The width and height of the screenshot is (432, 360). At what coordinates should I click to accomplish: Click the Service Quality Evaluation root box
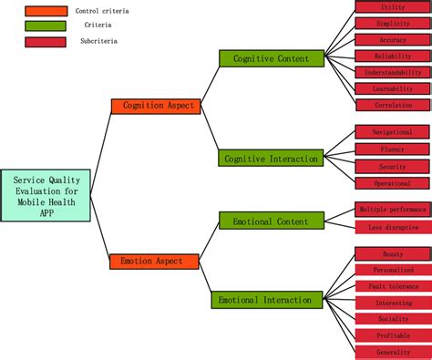click(46, 196)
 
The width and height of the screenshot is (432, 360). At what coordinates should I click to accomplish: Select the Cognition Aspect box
click(156, 106)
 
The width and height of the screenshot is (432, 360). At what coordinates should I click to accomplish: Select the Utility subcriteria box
click(393, 7)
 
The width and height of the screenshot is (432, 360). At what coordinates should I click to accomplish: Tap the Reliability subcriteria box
click(393, 57)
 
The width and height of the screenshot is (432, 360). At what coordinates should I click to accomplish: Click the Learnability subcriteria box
click(393, 89)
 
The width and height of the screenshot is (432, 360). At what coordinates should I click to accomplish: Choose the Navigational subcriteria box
click(393, 132)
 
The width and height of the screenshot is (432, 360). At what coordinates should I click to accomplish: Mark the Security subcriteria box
click(393, 167)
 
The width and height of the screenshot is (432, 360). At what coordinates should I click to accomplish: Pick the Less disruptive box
click(393, 227)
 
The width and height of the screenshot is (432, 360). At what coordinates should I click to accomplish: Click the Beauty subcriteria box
click(393, 253)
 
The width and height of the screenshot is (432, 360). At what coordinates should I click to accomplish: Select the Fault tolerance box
click(393, 286)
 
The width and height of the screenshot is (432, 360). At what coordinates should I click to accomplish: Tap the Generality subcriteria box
click(393, 352)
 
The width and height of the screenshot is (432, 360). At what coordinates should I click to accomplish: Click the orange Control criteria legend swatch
click(46, 11)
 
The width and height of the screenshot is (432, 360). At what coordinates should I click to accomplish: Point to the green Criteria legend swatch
click(46, 26)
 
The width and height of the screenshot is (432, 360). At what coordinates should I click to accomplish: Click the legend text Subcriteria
click(98, 41)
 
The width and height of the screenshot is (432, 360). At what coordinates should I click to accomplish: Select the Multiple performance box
click(393, 209)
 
